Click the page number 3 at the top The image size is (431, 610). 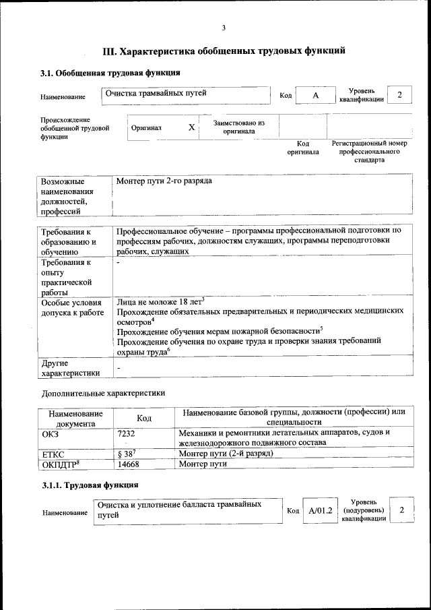pos(224,28)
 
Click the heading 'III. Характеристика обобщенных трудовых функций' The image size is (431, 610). pos(224,51)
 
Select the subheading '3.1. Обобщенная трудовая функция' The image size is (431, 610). pos(110,72)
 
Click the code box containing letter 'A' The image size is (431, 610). pos(315,96)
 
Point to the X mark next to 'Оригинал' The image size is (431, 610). pos(192,127)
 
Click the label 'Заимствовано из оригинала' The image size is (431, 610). pos(239,127)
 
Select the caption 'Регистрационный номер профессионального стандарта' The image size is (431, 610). pos(369,152)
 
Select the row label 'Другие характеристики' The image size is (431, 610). pos(71,367)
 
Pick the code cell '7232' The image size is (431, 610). pos(126,433)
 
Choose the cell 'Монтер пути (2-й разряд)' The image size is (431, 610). pos(226,454)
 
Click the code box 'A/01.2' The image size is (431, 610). pos(321,511)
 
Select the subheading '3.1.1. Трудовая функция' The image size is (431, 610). pos(90,485)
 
